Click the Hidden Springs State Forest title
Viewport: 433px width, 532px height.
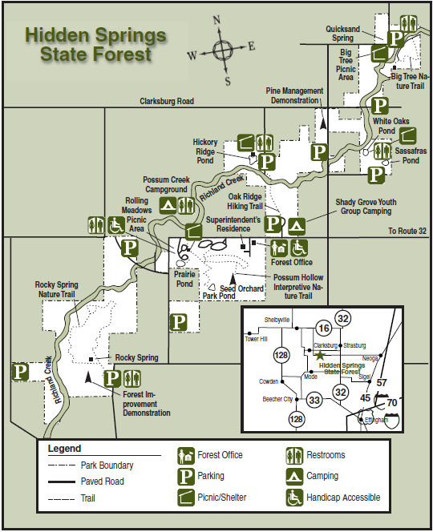(95, 45)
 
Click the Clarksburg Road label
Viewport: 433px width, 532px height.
(168, 102)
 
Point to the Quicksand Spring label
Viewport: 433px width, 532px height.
(354, 33)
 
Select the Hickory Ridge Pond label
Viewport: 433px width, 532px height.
(204, 151)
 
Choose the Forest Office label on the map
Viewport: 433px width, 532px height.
(291, 262)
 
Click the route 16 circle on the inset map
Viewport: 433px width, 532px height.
(323, 328)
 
